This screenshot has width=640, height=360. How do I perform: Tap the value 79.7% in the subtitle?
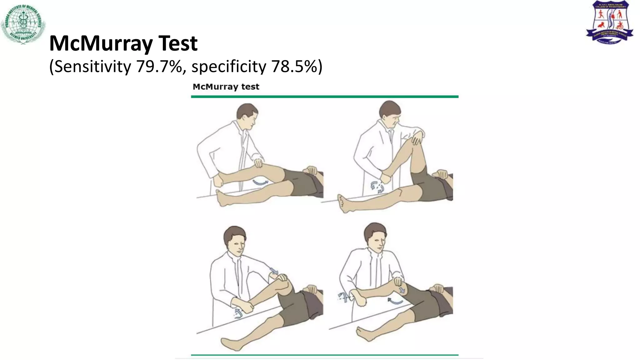159,67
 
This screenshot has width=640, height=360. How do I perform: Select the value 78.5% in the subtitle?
294,67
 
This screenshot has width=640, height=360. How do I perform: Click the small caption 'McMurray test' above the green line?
226,87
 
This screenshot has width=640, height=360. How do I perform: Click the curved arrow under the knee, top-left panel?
260,182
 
